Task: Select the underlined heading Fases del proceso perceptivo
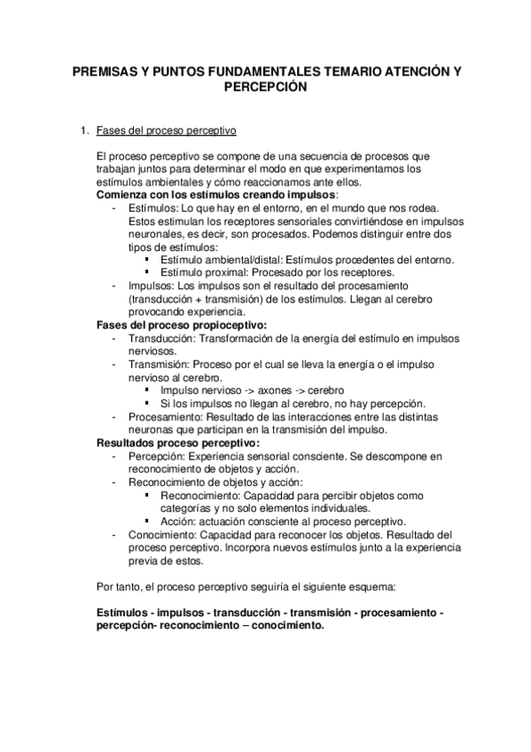[166, 131]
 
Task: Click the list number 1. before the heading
[84, 131]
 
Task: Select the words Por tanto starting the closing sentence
[119, 587]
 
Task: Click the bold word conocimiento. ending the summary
[282, 626]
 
